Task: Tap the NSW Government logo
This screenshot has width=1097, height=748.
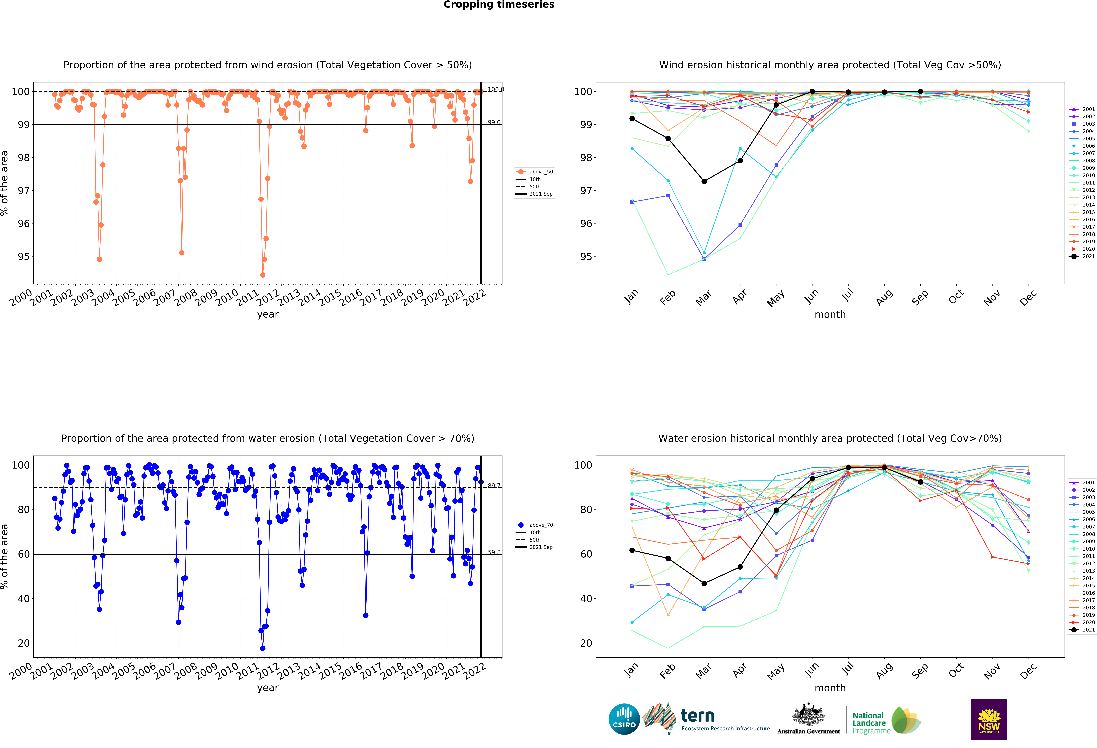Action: [x=989, y=719]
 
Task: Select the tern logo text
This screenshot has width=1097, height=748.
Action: [x=698, y=716]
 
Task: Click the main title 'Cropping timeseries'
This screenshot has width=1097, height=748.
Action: [x=499, y=5]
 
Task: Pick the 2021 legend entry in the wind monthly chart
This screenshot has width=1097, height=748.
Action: [x=1085, y=256]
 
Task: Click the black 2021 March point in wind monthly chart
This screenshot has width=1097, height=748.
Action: [x=704, y=181]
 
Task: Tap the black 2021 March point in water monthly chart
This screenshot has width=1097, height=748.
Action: [x=704, y=584]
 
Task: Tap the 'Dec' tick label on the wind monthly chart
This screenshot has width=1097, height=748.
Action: [x=1028, y=297]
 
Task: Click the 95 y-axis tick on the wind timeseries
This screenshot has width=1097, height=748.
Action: [x=24, y=257]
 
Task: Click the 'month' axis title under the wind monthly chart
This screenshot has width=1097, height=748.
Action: [x=830, y=314]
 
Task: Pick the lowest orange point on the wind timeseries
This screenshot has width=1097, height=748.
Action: [x=262, y=275]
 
